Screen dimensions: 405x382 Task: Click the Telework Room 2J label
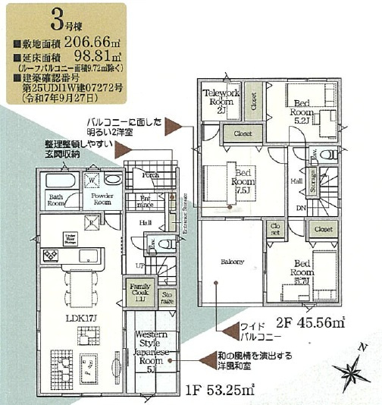coord(220,99)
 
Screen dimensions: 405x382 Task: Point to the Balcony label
coord(232,262)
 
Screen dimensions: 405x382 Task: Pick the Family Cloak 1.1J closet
coord(137,291)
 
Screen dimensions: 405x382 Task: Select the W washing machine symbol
coord(92,181)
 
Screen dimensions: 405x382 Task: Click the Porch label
coord(150,176)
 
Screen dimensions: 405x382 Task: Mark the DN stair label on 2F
coord(301,208)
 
